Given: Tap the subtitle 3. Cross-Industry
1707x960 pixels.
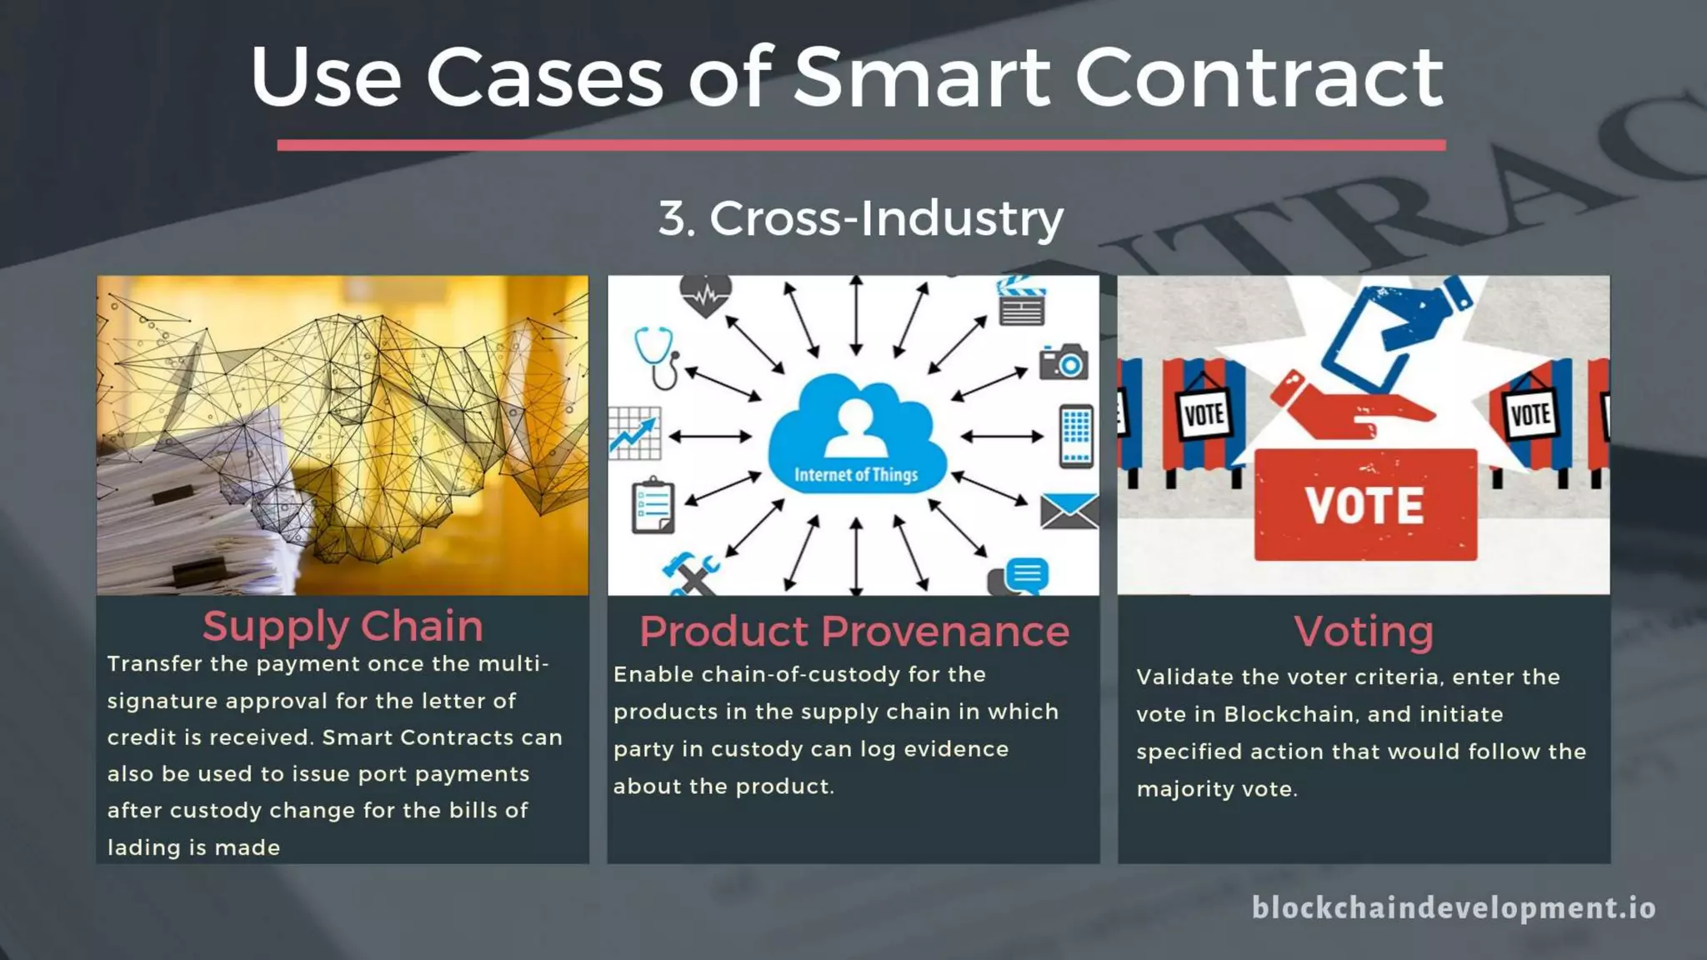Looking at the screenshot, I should (x=860, y=218).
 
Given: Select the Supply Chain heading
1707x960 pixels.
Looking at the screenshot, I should (x=343, y=626).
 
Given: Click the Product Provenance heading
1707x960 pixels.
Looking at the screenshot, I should (x=853, y=631).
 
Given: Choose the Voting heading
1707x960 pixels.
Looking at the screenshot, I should (x=1364, y=631).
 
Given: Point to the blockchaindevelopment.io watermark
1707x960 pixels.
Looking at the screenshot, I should (x=1454, y=907).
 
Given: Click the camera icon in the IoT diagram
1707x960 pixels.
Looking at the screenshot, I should (x=1064, y=362).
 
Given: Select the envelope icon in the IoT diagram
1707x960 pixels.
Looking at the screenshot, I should (x=1069, y=511).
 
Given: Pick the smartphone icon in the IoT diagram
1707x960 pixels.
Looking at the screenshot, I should (x=1075, y=436).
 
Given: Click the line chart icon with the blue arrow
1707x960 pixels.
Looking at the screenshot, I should (x=634, y=433).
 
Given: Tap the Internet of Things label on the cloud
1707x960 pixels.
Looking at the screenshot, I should (x=856, y=475).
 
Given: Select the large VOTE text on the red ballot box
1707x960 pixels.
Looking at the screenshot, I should (x=1364, y=506).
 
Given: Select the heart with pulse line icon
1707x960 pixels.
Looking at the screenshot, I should (x=705, y=295).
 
